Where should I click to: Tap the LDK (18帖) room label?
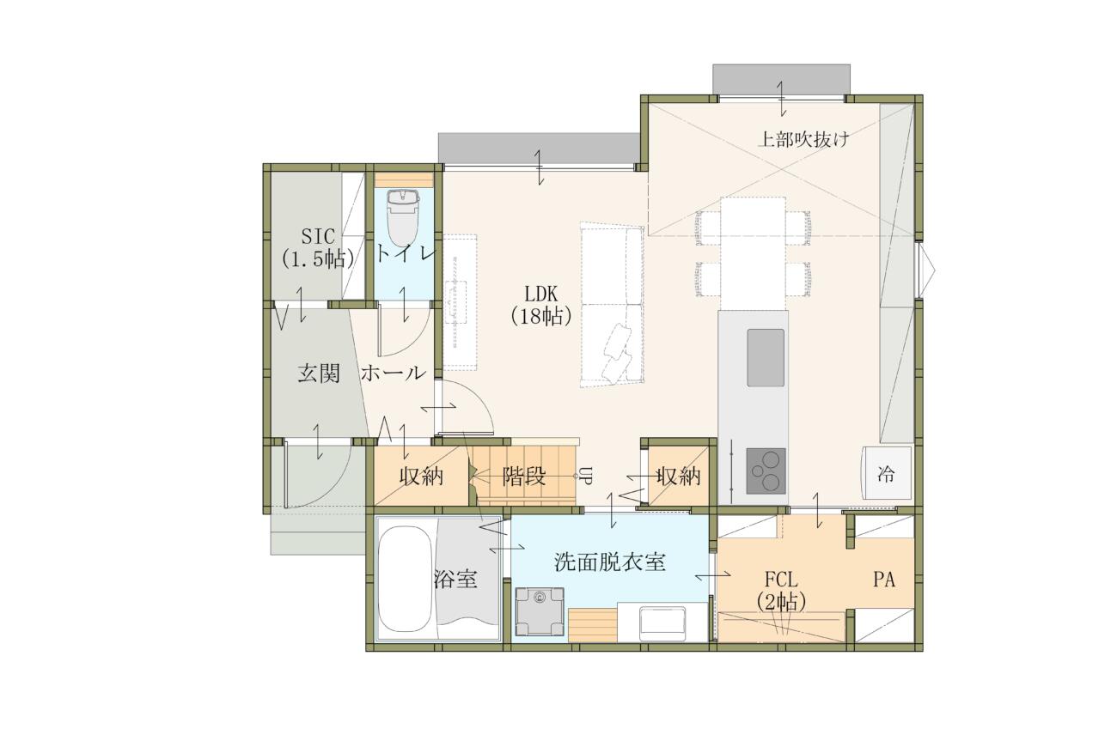pos(541,305)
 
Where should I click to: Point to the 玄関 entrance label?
pos(319,373)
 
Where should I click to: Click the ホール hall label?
pos(393,373)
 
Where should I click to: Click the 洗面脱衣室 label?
pos(609,562)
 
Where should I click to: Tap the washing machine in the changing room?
pos(540,611)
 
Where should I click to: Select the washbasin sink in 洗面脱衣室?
pos(662,622)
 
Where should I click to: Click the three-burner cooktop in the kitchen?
pos(766,471)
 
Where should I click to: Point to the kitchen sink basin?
pos(766,357)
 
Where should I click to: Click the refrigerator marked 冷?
pos(887,472)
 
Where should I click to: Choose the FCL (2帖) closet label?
pos(781,592)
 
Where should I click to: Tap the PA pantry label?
pos(884,580)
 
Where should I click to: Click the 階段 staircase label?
pos(523,477)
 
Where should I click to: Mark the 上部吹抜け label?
pos(803,139)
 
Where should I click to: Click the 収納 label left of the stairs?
pos(421,477)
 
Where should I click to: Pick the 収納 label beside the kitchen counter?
pos(678,477)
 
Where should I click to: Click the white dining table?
pos(754,253)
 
